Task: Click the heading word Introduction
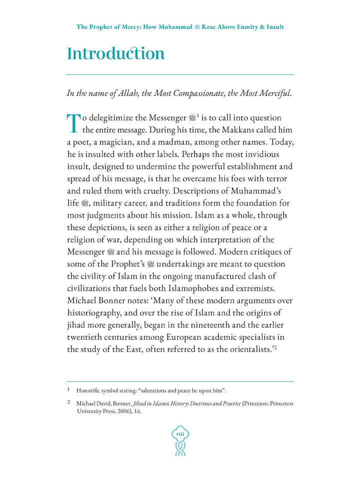point(115,53)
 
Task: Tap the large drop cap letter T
point(73,123)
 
